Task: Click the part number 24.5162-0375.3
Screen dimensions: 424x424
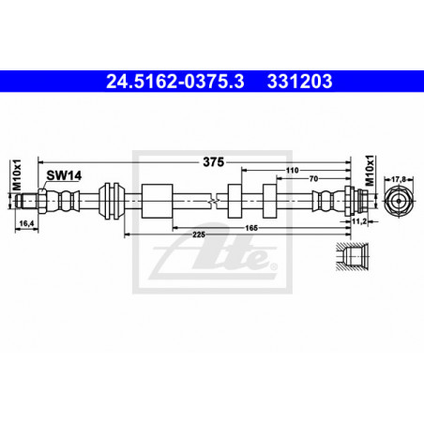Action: (x=175, y=82)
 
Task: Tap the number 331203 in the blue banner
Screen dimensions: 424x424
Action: (x=299, y=82)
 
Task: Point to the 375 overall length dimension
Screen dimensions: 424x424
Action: (x=214, y=162)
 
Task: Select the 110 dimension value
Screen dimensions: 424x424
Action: (x=292, y=171)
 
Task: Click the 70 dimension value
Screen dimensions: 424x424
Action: (x=313, y=178)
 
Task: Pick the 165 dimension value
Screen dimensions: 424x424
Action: (x=251, y=228)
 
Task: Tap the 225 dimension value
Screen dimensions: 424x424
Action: (x=199, y=235)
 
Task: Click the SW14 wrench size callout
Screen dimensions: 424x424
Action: (x=64, y=175)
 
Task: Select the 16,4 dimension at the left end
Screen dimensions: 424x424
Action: (x=26, y=223)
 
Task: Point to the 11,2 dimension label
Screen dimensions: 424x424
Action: (x=359, y=221)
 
